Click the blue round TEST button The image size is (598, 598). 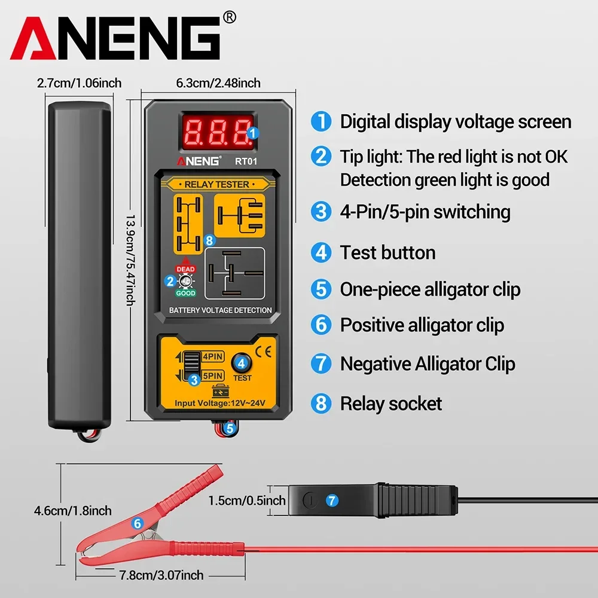point(242,362)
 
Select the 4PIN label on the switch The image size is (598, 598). point(212,356)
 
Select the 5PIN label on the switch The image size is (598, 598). point(212,376)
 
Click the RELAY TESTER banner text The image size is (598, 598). point(216,184)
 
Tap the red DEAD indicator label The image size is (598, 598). point(185,269)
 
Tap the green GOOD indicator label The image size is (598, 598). point(185,293)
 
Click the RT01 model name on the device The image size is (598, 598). point(246,160)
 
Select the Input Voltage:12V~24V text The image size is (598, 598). point(219,404)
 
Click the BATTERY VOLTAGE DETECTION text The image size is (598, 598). point(220,310)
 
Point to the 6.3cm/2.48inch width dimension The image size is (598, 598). point(218,83)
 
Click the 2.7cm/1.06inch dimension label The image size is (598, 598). point(79,83)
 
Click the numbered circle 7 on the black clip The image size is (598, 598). point(332,499)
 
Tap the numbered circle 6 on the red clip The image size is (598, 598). point(137,523)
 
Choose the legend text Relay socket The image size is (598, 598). point(390,404)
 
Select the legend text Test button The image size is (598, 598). point(388,252)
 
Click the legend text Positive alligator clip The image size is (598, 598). point(422,325)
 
